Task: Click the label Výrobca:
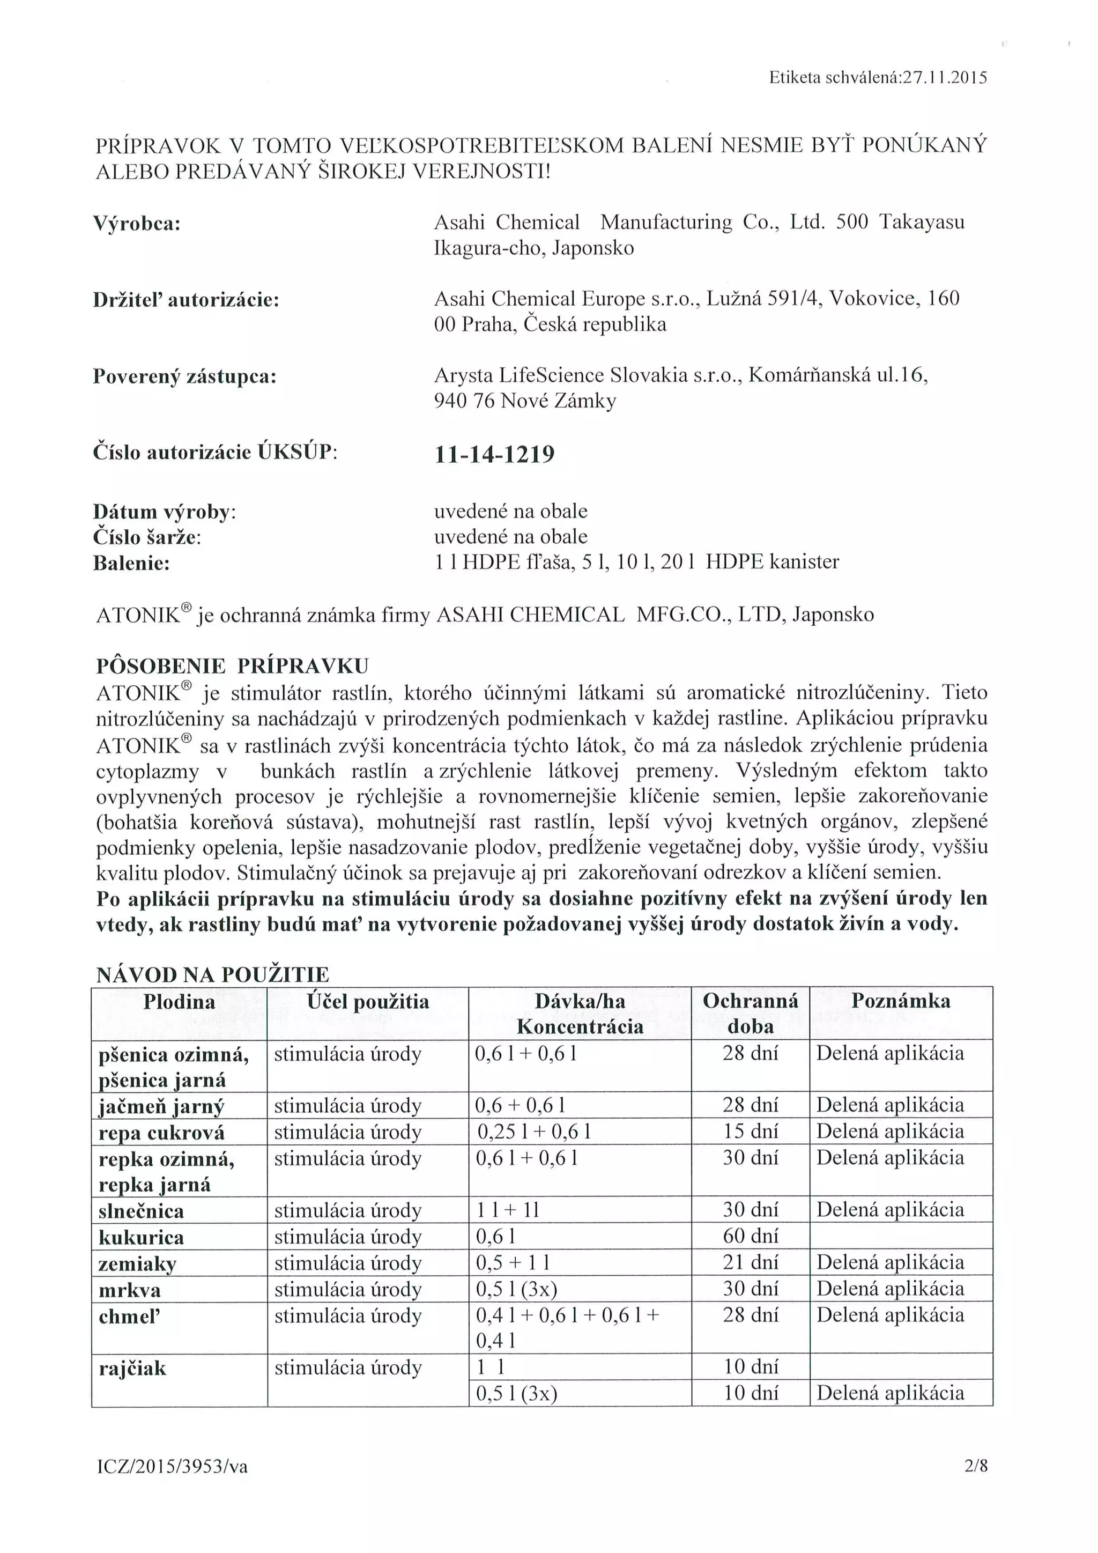point(137,223)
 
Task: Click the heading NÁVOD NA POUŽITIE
point(212,975)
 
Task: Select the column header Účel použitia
point(367,1001)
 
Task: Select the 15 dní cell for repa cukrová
point(750,1131)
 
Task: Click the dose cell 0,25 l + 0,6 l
point(533,1132)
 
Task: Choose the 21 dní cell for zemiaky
point(750,1262)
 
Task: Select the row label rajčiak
point(132,1369)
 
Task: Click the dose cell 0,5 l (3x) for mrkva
point(516,1289)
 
